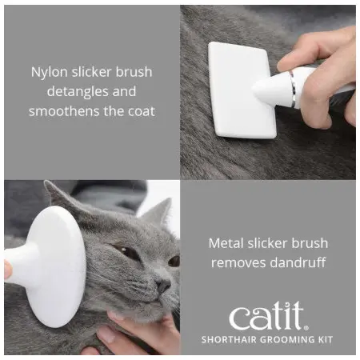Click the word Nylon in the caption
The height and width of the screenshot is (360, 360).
point(49,72)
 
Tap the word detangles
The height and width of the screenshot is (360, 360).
point(78,91)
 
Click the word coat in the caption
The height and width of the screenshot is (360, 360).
point(142,111)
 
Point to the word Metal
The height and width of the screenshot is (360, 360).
point(226,243)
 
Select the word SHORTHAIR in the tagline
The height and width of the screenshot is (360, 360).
point(229,340)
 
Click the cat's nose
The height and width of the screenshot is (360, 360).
point(163,285)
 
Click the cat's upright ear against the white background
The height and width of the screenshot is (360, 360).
point(158,214)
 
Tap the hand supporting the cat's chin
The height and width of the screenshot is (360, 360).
point(134,334)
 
